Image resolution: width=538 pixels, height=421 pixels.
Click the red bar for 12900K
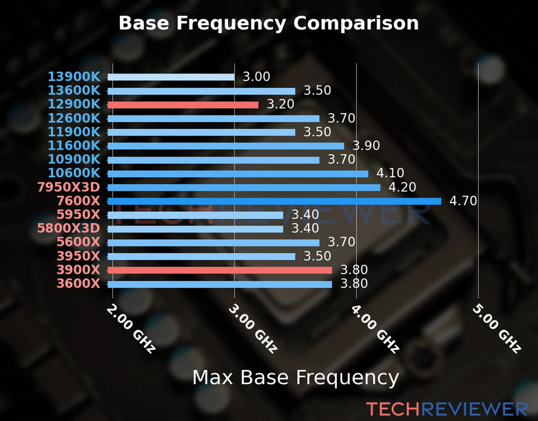pos(183,105)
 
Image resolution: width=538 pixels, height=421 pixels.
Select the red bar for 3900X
pos(220,270)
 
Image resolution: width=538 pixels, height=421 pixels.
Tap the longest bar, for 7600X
pos(274,201)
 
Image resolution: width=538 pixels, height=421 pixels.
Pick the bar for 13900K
pos(171,77)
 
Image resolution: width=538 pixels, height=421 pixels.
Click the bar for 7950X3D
pos(244,188)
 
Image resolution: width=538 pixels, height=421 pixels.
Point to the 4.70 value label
pos(463,201)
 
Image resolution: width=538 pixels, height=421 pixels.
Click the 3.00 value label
pos(256,77)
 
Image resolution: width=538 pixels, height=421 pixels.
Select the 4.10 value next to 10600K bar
pos(390,173)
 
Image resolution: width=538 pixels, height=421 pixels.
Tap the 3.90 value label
pos(366,146)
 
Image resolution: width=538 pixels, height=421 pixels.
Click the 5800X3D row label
pos(69,228)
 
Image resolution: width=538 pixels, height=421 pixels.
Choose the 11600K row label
pos(74,146)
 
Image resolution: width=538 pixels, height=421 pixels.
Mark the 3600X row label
pos(78,283)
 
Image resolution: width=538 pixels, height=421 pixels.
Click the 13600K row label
pos(74,91)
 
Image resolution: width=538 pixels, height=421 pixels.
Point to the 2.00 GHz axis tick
pos(131,329)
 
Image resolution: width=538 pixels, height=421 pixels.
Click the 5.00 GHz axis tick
pos(497,329)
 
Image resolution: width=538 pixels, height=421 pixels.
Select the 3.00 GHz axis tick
pos(253,329)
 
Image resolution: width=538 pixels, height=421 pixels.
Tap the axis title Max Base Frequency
pos(296,378)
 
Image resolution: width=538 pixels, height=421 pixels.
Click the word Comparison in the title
pos(356,23)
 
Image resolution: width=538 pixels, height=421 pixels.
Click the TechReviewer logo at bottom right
pos(447,409)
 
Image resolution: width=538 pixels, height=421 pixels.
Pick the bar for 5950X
pos(195,215)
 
